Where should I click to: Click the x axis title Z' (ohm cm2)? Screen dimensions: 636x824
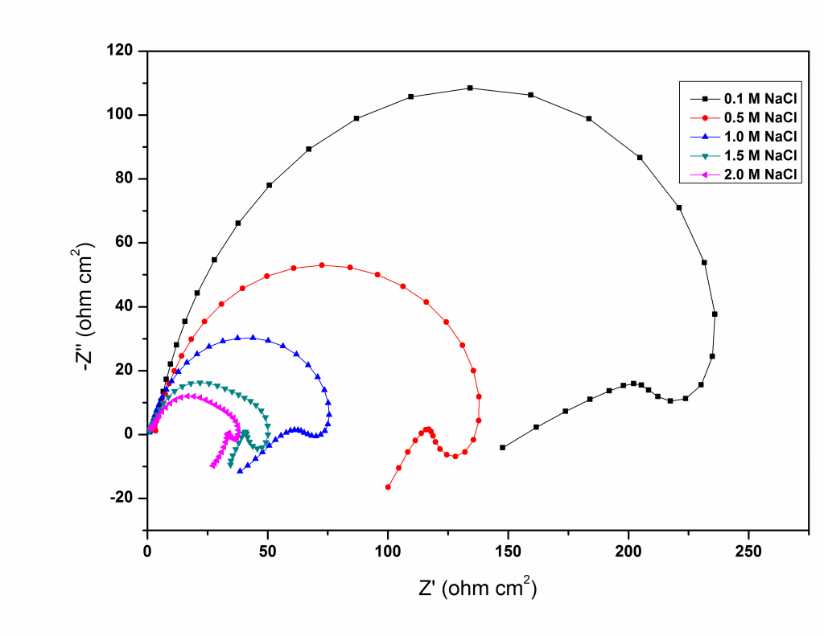coord(477,589)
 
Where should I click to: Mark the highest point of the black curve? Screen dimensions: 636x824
coord(470,88)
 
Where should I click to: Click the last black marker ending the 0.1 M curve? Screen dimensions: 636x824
coord(503,448)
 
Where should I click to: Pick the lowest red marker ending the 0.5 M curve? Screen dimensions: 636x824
coord(388,487)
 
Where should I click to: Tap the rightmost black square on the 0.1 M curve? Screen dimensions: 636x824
coord(715,314)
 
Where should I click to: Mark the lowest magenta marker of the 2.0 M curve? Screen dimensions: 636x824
coord(212,466)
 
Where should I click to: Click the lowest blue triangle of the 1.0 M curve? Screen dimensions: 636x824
coord(240,471)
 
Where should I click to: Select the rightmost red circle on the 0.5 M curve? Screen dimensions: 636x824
coord(479,396)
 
